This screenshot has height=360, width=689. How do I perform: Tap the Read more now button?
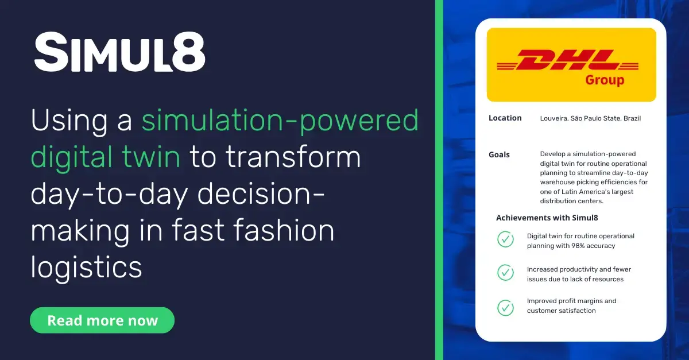[102, 320]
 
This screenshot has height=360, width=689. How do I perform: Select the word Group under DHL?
[605, 80]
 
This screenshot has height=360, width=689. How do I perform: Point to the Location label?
[505, 118]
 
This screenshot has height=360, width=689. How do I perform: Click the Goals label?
[499, 154]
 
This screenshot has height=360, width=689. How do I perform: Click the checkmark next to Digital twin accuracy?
[505, 239]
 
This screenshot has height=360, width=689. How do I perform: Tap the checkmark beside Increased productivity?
[505, 272]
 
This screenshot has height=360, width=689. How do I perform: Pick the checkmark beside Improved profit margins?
[505, 307]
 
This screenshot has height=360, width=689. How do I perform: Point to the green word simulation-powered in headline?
[280, 122]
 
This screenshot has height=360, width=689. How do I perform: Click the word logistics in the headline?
[86, 266]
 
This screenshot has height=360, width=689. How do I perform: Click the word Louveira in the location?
[554, 119]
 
